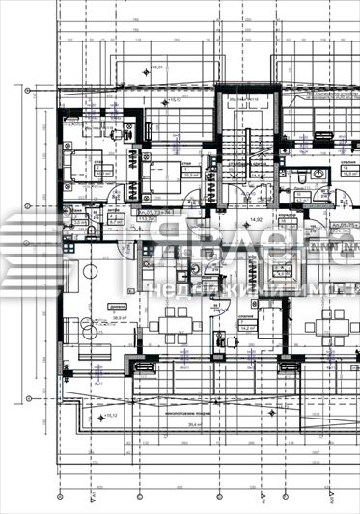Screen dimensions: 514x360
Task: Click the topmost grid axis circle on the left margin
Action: pos(27,93)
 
